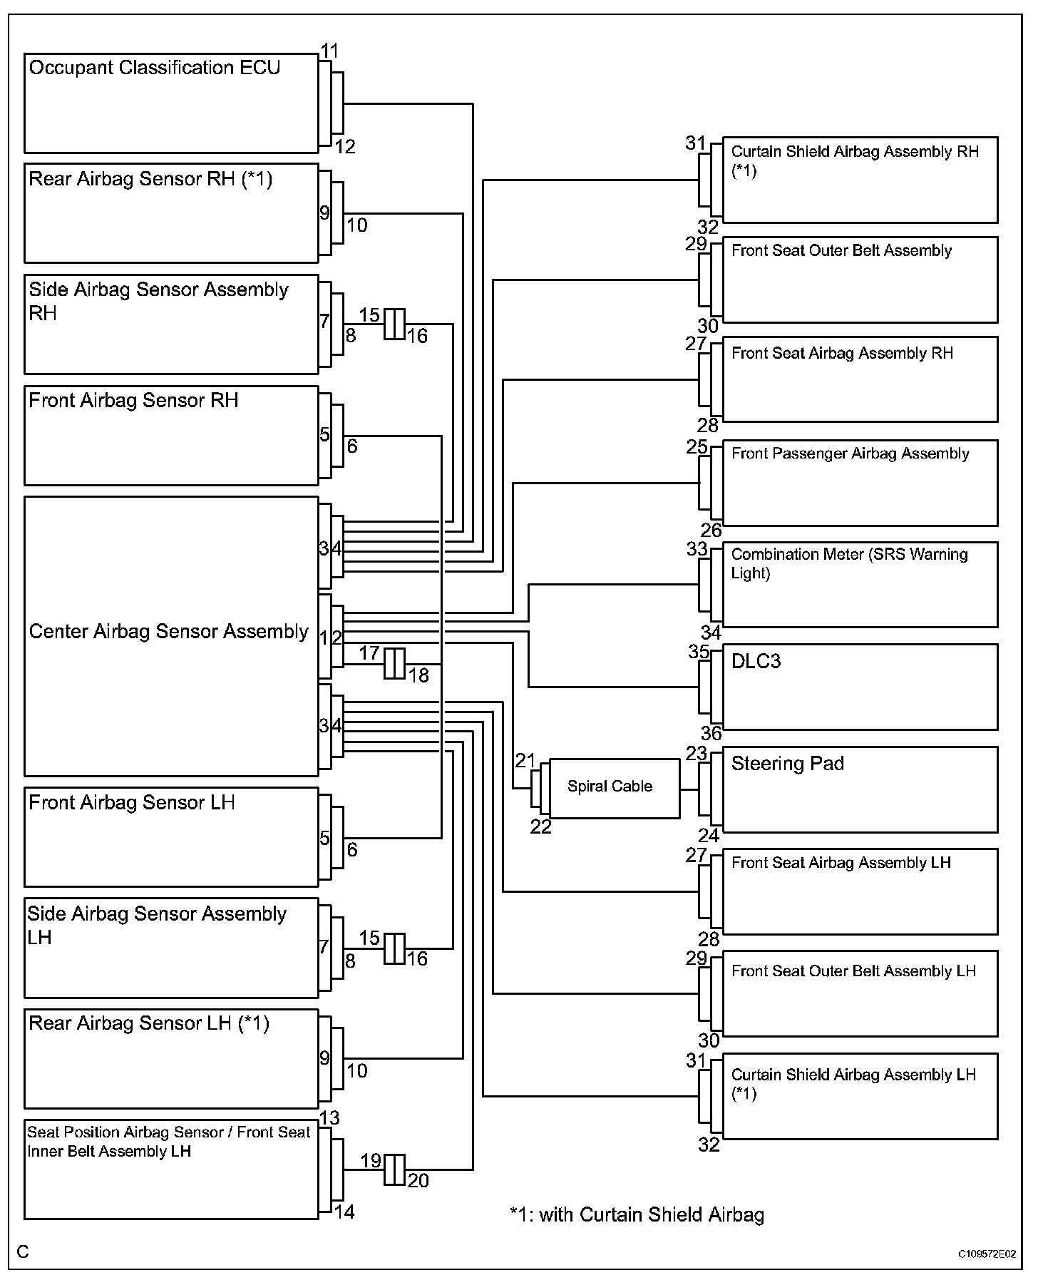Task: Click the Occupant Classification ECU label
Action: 155,68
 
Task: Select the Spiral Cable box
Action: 610,787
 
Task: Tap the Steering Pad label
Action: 787,764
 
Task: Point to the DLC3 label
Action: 756,661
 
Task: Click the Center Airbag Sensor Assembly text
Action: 168,632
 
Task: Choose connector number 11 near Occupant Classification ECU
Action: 329,51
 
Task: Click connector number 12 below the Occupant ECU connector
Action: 344,147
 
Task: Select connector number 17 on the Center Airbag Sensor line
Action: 369,652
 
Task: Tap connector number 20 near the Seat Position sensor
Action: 418,1181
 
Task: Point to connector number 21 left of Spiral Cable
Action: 525,761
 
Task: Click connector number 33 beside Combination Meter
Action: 697,549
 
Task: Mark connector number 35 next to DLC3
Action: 699,652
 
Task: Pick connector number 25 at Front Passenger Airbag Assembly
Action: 697,447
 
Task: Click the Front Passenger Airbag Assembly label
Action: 850,454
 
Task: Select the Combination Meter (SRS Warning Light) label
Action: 849,563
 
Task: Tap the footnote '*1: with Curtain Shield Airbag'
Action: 637,1214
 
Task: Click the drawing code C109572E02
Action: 987,1254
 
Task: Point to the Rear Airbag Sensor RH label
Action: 150,179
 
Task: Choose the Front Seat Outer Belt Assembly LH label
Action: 853,971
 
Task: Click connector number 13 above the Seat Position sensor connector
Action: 329,1117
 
